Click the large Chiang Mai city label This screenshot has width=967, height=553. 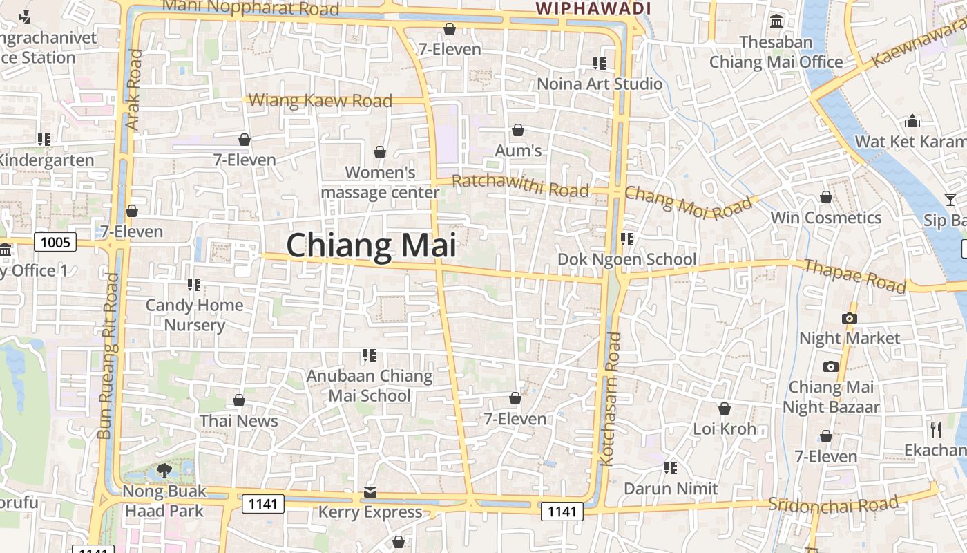pos(371,246)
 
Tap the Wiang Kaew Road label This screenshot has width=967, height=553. pos(320,101)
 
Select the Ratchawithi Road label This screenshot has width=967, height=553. pos(520,186)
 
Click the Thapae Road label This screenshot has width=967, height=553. pos(854,276)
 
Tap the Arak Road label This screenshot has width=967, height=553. pos(134,89)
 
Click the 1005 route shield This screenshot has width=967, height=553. pos(56,242)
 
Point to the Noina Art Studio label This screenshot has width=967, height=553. pos(600,84)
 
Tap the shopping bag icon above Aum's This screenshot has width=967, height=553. pos(518,130)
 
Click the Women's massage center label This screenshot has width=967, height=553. pos(380,182)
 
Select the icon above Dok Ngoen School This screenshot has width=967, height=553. pos(626,239)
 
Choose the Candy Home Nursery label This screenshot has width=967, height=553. pos(194,315)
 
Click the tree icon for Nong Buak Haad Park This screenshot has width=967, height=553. pos(164,471)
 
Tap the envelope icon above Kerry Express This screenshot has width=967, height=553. pos(370,492)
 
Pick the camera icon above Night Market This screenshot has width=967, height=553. pos(850,318)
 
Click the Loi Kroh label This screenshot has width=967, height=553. pos(725,429)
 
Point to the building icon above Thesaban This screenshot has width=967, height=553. pos(776,21)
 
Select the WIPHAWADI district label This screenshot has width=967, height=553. pos(594,9)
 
